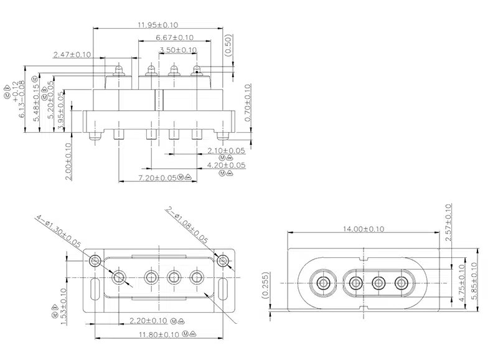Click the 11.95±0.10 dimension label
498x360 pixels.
tap(157, 25)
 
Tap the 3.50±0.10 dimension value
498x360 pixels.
tap(178, 50)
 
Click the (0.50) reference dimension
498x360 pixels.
tap(228, 47)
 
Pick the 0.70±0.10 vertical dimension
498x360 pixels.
tap(247, 103)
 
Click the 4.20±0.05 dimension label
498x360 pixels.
tap(226, 165)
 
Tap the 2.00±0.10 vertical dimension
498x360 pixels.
tap(68, 161)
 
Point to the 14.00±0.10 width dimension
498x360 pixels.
tap(364, 229)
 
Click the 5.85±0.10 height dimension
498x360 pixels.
tap(475, 281)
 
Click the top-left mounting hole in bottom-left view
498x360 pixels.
tap(94, 260)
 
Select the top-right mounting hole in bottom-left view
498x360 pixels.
tap(223, 260)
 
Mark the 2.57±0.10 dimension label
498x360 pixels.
tap(449, 222)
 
